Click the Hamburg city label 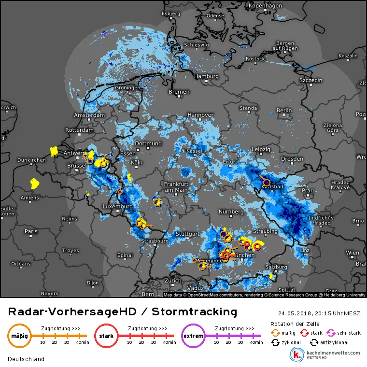(206, 76)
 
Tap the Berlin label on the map (284, 110)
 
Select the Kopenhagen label (265, 5)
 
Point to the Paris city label (31, 231)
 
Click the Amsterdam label (89, 115)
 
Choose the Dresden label (292, 158)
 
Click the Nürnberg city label (231, 212)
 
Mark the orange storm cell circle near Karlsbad (267, 183)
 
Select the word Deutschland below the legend (26, 359)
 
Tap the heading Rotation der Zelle (294, 324)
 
